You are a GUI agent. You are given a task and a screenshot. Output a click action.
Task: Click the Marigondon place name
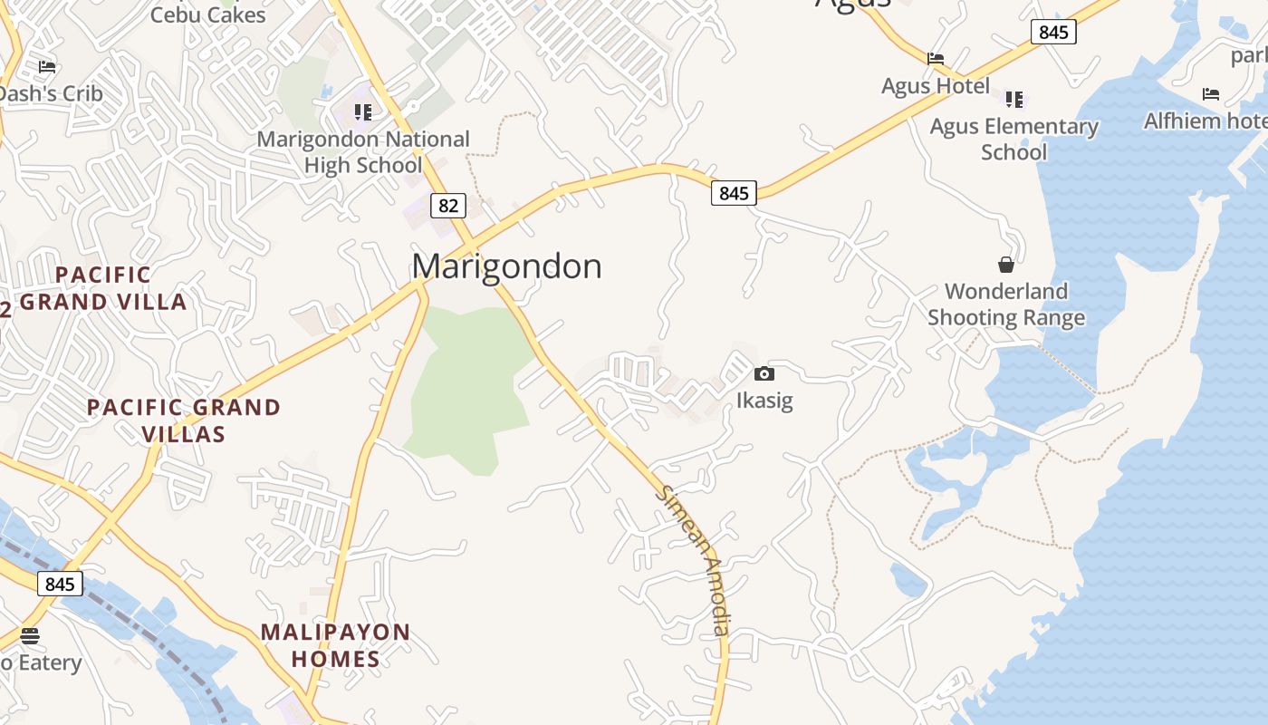(x=506, y=266)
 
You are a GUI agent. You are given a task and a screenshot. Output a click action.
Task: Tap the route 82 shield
(x=447, y=206)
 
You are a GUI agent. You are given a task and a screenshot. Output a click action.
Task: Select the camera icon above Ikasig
(x=764, y=373)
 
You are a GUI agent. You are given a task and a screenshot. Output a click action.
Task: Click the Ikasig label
(x=764, y=400)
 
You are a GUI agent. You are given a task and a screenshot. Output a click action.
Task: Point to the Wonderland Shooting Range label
(x=1006, y=304)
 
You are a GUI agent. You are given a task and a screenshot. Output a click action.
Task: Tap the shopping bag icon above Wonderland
(x=1005, y=264)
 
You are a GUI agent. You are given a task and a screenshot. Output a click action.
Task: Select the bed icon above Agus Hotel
(x=936, y=59)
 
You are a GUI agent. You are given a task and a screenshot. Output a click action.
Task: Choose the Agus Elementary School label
(x=1013, y=139)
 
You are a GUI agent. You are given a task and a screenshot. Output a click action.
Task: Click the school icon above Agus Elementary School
(x=1014, y=99)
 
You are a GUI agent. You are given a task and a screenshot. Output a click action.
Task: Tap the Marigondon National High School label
(x=363, y=152)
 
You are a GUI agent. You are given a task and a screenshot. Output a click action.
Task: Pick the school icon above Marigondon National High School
(x=363, y=112)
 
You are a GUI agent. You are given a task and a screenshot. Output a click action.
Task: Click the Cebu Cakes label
(x=208, y=14)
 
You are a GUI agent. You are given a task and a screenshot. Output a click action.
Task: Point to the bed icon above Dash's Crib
(x=47, y=66)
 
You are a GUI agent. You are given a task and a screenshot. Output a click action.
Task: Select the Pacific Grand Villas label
(x=184, y=420)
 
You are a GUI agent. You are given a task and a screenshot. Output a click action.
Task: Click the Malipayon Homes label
(x=336, y=645)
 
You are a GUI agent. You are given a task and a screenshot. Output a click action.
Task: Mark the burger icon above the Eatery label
(x=30, y=635)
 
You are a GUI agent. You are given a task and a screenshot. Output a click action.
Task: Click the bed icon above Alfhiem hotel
(x=1211, y=93)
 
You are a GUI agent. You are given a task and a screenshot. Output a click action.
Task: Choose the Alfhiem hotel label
(x=1205, y=121)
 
